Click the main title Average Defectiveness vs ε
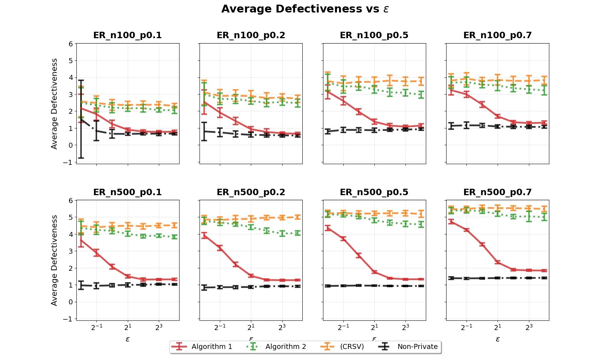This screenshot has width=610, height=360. click(305, 9)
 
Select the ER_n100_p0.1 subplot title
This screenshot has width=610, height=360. click(127, 35)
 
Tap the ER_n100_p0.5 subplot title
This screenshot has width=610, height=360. click(374, 35)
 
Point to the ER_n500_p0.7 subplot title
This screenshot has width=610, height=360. click(498, 192)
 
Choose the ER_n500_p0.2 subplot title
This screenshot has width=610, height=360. click(251, 192)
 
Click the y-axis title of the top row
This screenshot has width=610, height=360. click(54, 103)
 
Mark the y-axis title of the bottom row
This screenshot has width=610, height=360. click(54, 260)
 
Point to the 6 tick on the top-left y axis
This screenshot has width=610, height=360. click(71, 44)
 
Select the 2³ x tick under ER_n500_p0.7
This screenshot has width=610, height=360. click(529, 327)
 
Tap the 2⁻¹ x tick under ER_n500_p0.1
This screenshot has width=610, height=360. click(96, 327)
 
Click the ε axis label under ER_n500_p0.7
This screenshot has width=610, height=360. click(498, 339)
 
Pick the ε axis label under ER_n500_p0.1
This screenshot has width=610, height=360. click(127, 339)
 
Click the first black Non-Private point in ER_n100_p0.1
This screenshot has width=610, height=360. click(81, 119)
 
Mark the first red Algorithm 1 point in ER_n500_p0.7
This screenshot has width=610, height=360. click(451, 222)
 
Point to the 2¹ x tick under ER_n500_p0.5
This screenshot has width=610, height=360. click(374, 327)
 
